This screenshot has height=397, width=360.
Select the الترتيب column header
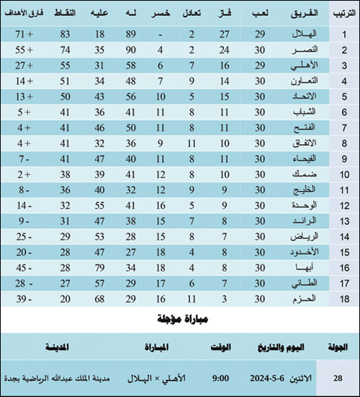click(341, 14)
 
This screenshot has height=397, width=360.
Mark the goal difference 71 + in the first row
click(24, 35)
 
